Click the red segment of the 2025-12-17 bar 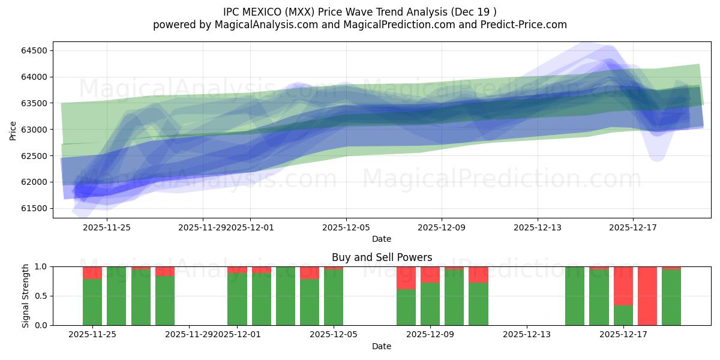point(623,286)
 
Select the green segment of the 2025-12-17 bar point(623,315)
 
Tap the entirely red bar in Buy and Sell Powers point(647,296)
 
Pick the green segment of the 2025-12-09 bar point(430,304)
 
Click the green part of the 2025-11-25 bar point(92,302)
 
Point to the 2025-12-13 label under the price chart point(537,227)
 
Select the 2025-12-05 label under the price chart point(346,227)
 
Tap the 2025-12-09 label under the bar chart point(430,334)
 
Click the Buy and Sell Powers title point(382,257)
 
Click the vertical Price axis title point(13,130)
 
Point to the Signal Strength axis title point(25,296)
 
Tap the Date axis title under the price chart point(382,239)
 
